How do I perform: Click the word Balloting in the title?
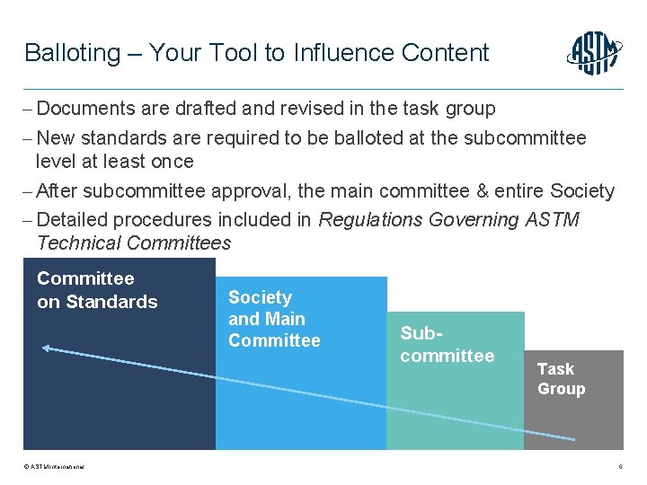point(72,53)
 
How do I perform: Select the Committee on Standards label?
point(97,290)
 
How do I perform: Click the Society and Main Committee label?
point(274,319)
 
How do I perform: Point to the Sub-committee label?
point(447,344)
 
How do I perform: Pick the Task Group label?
point(561,379)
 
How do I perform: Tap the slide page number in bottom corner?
point(621,467)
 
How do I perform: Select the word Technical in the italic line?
point(79,242)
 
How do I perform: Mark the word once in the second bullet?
point(173,162)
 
